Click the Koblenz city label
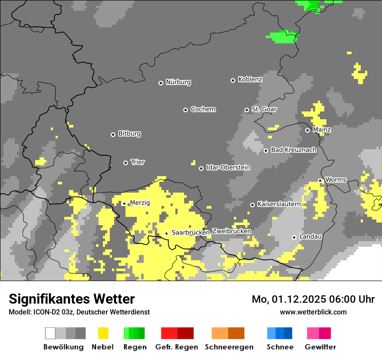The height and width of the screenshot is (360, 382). (x=250, y=79)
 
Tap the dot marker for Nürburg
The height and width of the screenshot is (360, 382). (x=161, y=83)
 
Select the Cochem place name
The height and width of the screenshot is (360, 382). (x=203, y=109)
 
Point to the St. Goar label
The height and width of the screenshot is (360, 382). (x=264, y=109)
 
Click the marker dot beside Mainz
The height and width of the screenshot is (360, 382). (x=307, y=130)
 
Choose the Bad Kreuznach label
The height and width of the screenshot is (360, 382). (x=293, y=150)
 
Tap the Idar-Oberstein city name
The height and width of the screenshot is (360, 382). (x=228, y=167)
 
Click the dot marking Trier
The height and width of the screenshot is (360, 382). (x=125, y=163)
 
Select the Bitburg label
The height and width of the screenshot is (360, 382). (x=129, y=134)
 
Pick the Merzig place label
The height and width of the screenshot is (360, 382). (x=139, y=203)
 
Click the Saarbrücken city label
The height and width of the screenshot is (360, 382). (x=191, y=232)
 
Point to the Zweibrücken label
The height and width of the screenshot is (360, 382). (x=231, y=231)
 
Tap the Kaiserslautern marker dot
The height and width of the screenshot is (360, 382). (x=252, y=204)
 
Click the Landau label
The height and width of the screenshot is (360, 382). (x=310, y=236)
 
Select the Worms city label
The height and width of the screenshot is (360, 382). (x=336, y=180)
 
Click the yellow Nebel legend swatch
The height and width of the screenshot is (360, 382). (x=103, y=333)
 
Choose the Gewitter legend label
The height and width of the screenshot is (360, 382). (x=320, y=347)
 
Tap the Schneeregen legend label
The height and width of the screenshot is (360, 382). (x=229, y=347)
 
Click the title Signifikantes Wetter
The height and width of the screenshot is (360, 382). (x=72, y=299)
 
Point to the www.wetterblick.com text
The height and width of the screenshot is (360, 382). (x=313, y=312)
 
